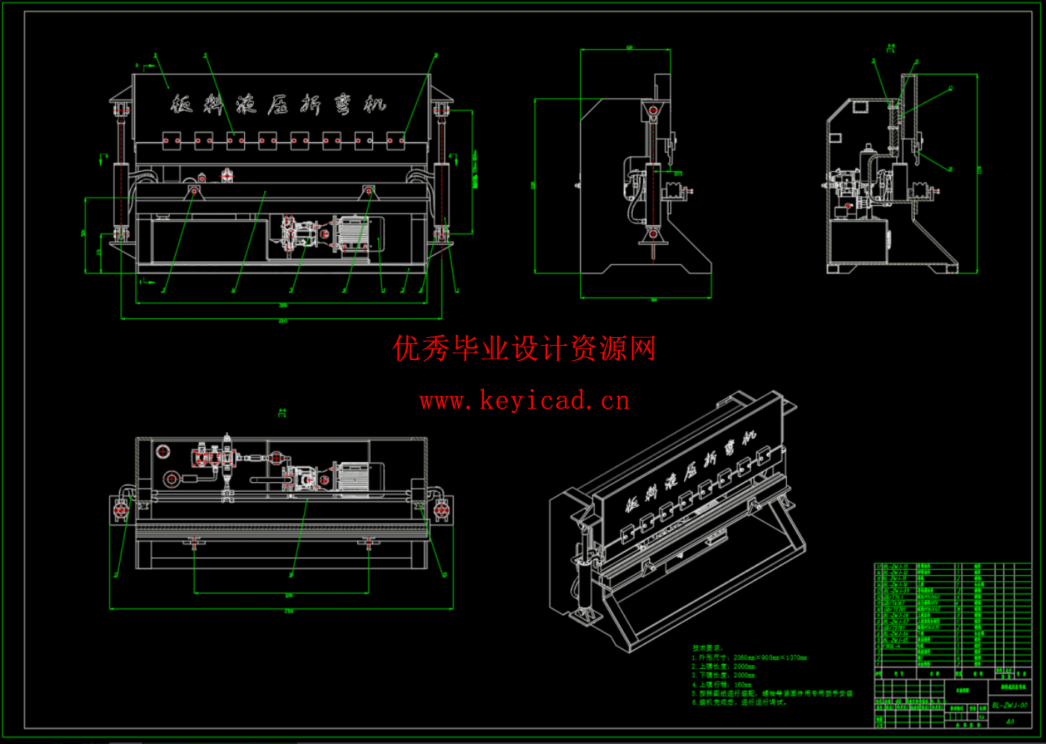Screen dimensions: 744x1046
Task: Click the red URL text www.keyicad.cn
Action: tap(524, 401)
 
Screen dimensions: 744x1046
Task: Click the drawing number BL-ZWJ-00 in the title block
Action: tap(1010, 705)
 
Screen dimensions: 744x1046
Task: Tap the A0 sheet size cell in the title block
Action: tap(1010, 721)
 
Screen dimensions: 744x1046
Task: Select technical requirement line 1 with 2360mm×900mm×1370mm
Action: tap(750, 658)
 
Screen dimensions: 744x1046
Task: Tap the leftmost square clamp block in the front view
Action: tap(172, 141)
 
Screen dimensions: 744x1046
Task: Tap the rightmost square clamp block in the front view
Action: tap(396, 141)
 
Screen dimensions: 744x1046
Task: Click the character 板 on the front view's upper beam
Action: tap(182, 103)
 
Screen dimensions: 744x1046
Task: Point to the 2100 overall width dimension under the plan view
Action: tap(289, 612)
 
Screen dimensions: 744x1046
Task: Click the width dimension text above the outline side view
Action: tap(629, 48)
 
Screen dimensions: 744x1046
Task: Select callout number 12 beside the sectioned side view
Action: tap(951, 89)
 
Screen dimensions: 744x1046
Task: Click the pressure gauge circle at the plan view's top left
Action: tap(162, 451)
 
